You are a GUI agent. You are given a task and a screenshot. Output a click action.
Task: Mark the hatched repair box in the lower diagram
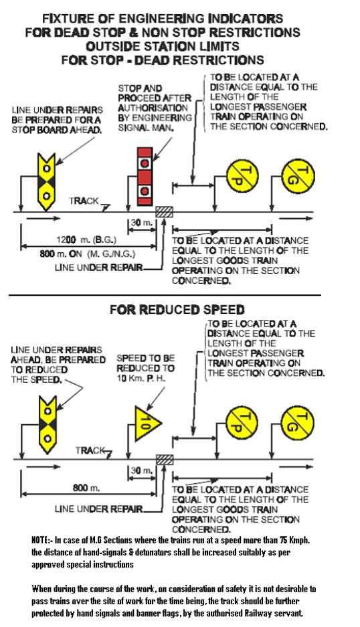tap(164, 459)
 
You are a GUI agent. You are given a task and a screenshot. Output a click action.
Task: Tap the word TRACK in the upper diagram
tap(84, 200)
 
